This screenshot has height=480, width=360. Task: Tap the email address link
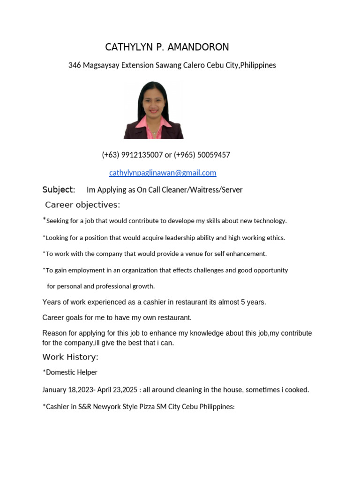[x=163, y=172]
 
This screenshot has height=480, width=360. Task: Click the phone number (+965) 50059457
[x=202, y=155]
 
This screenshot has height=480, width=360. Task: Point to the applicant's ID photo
[x=153, y=110]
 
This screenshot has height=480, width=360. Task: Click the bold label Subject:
[x=59, y=189]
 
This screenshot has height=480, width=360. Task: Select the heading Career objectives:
[x=82, y=205]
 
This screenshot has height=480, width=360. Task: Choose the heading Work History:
[x=70, y=357]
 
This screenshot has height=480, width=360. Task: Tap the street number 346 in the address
[x=75, y=65]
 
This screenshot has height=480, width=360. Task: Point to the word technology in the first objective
[x=270, y=221]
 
